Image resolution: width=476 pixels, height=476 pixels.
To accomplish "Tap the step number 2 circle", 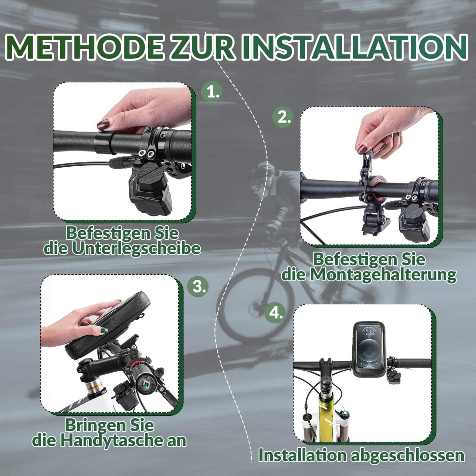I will [x=283, y=117].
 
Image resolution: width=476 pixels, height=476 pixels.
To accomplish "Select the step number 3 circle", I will [x=198, y=286].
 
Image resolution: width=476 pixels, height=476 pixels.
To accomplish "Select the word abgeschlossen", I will [x=407, y=456].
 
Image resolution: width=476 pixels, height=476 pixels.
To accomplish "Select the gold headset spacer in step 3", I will [x=94, y=386].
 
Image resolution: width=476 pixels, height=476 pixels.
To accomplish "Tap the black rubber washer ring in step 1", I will [x=105, y=142].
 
